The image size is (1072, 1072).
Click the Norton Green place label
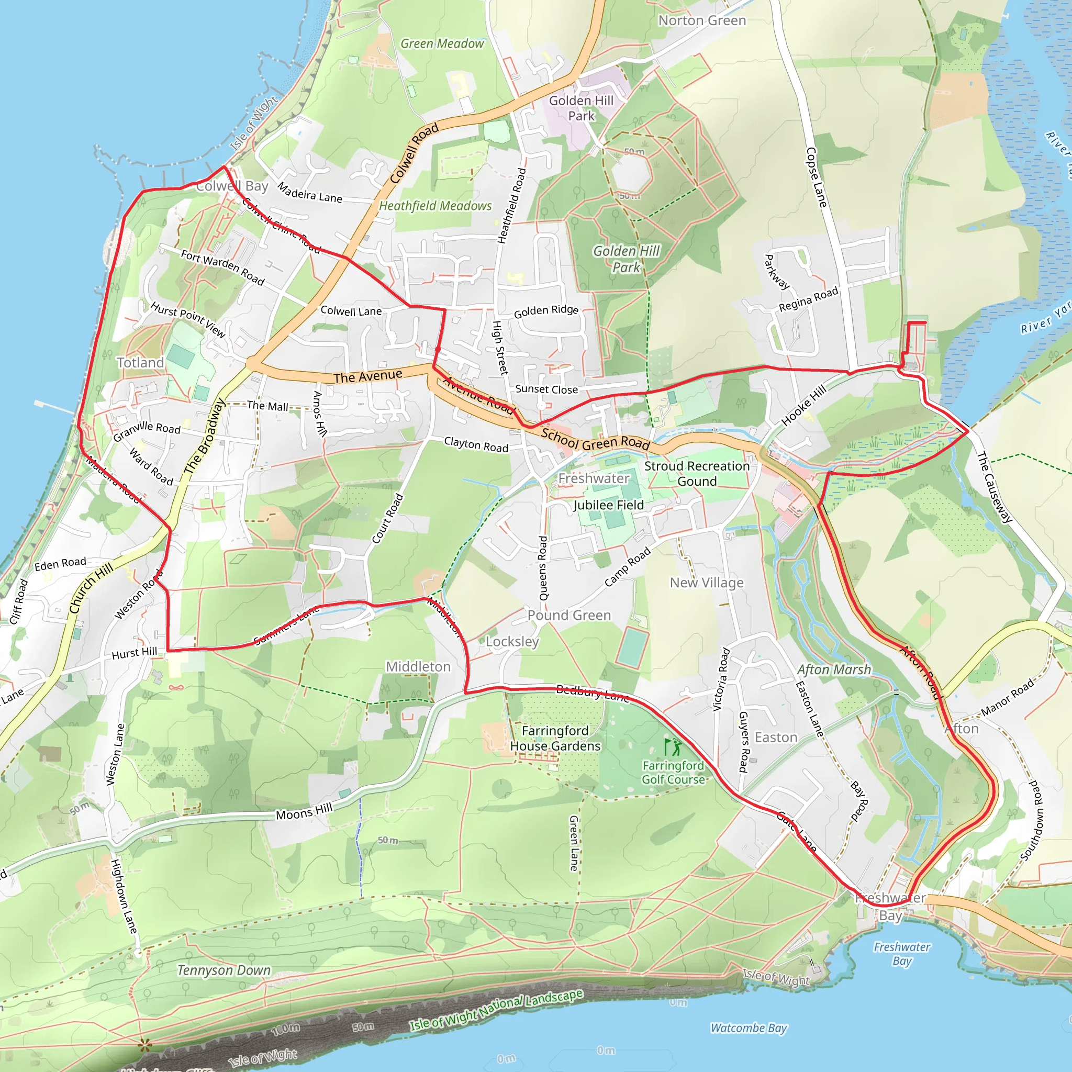coord(702,20)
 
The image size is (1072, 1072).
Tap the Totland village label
coord(140,363)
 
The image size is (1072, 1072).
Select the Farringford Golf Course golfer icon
coord(673,747)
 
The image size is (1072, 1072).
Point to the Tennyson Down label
coord(224,970)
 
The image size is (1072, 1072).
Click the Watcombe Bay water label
coord(749,1028)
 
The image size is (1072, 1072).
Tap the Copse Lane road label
coord(816,177)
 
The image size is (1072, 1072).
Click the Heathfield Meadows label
coord(435,206)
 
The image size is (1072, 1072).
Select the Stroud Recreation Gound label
coord(697,473)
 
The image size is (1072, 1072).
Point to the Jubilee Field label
coord(609,505)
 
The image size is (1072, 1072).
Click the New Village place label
coord(706,583)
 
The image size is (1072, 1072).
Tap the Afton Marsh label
coord(834,669)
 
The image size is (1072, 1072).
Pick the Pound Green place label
coord(569,615)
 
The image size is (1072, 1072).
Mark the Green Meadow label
coord(442,43)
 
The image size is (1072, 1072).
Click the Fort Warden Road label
coord(222,267)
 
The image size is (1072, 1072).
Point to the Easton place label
coord(776,738)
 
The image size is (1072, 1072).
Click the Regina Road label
coord(808,299)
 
